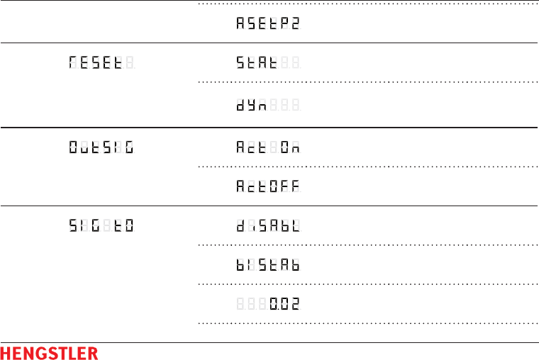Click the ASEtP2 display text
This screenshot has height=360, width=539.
(267, 23)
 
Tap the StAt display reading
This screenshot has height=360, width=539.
(267, 63)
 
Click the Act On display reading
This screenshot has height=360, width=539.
(267, 148)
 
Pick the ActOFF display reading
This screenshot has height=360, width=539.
(267, 187)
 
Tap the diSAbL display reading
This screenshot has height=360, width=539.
(267, 227)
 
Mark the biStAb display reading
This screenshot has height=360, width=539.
(267, 266)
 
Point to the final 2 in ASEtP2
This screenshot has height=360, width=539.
(294, 23)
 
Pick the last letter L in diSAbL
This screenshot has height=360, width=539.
(294, 227)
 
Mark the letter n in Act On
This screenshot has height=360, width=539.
(294, 148)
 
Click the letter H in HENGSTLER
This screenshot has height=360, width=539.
(6, 352)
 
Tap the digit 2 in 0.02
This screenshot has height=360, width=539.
(294, 305)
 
